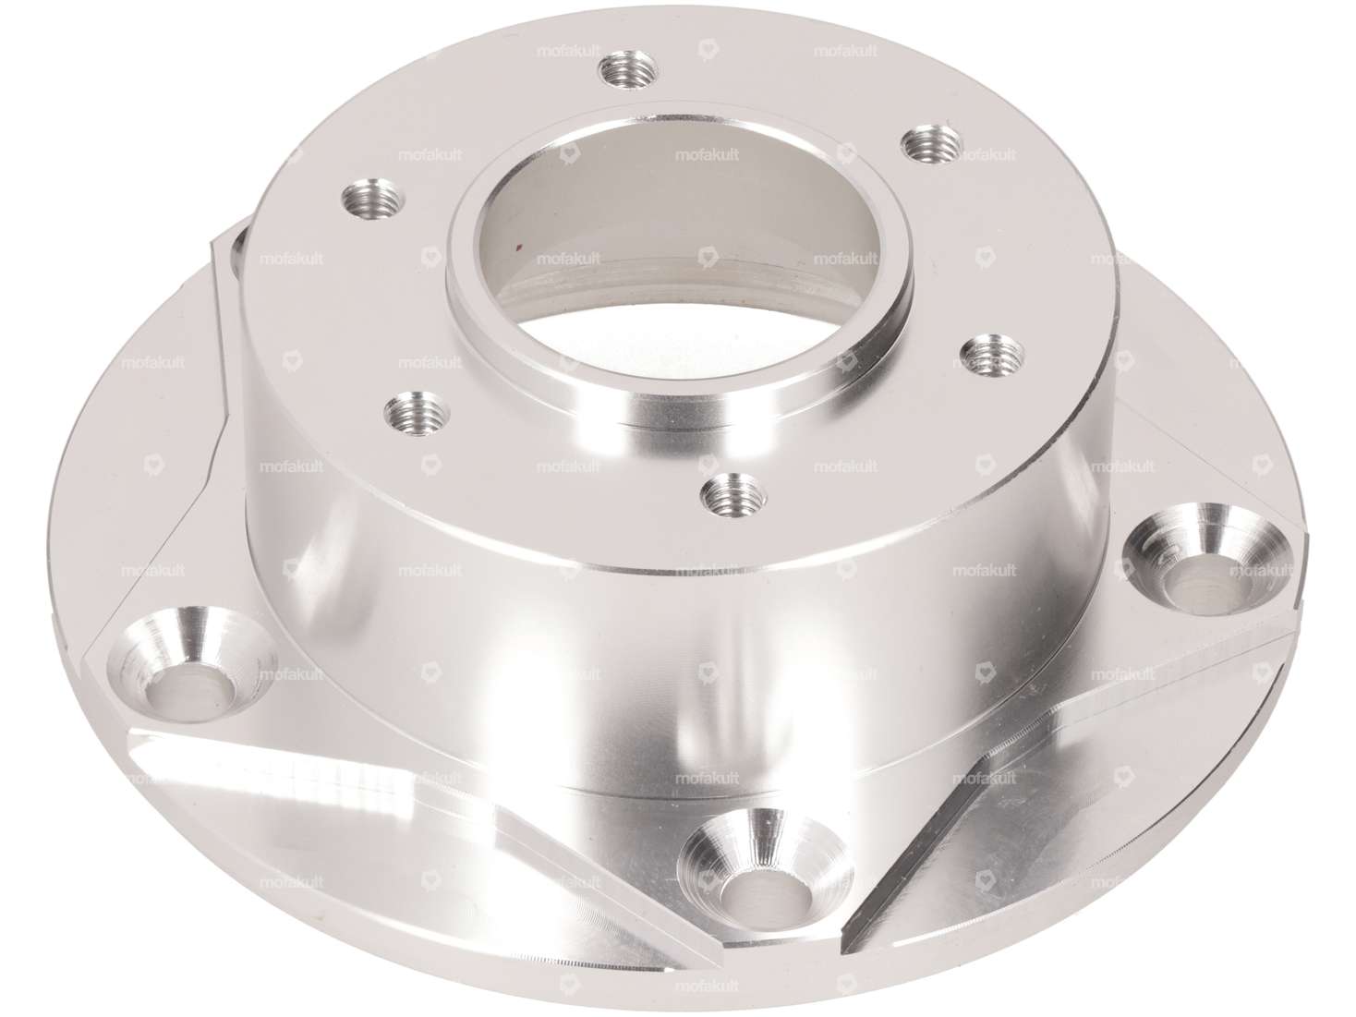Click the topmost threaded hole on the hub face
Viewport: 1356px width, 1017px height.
(x=629, y=70)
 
